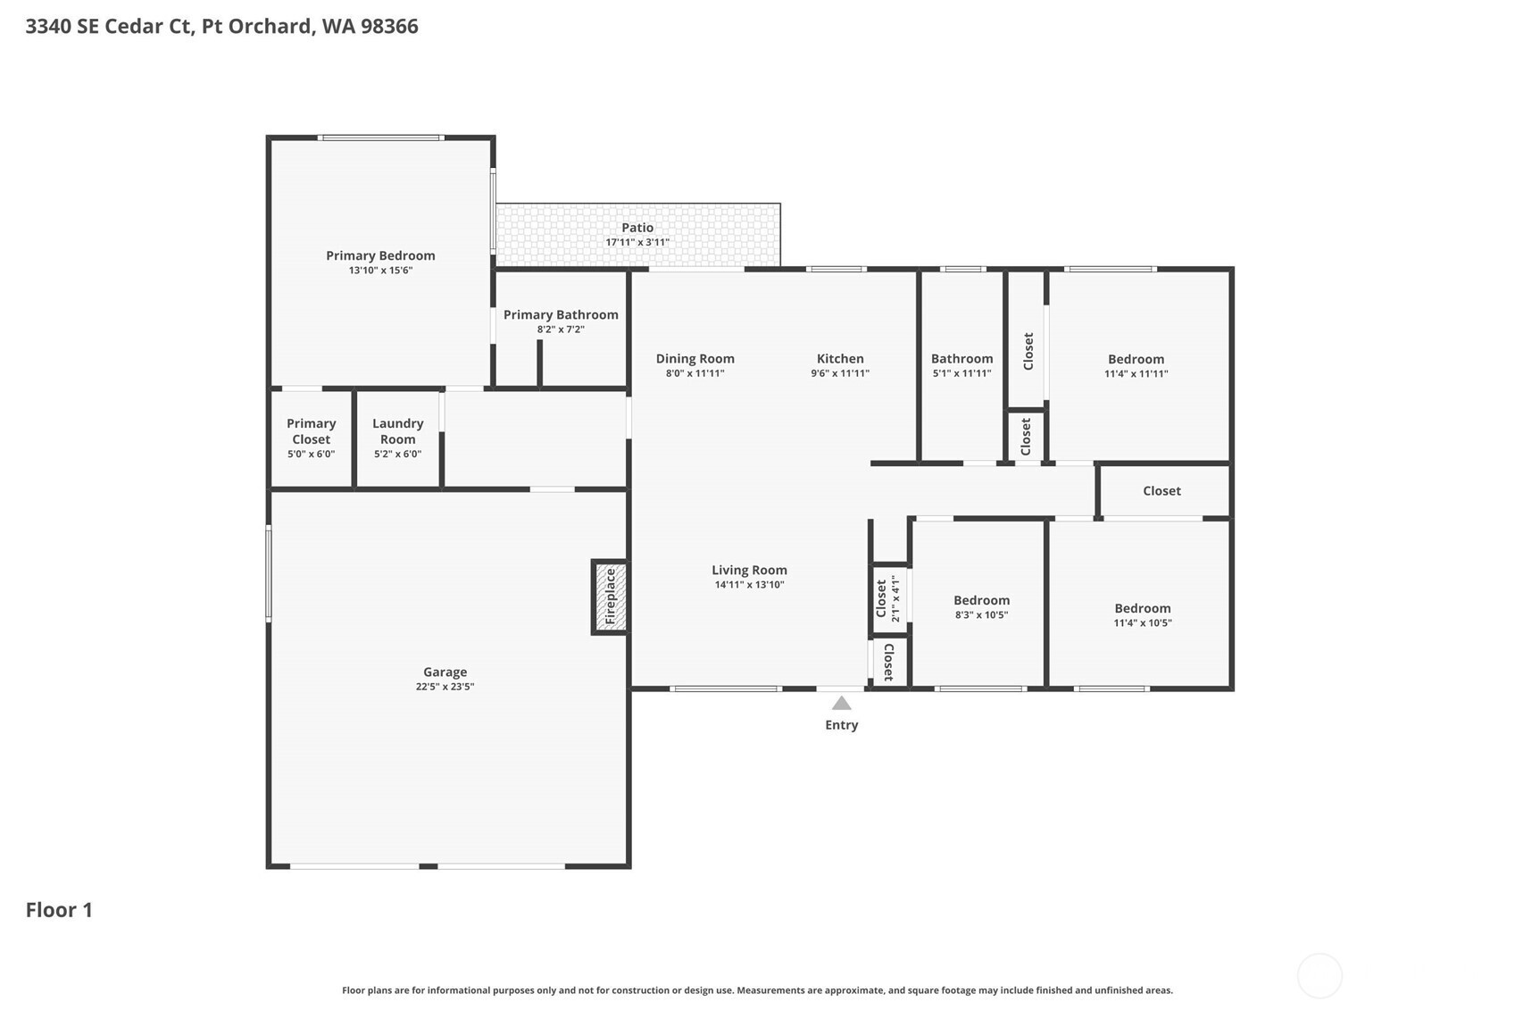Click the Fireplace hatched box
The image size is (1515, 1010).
610,597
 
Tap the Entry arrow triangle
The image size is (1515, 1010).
841,704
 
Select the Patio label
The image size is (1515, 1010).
637,228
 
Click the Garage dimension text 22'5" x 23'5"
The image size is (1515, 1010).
445,687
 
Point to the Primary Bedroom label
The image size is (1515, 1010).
381,255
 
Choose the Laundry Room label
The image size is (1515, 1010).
397,431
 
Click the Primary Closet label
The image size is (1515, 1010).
311,431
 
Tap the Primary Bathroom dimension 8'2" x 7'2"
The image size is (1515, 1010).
561,330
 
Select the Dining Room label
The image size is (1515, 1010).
695,358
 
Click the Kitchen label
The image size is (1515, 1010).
840,358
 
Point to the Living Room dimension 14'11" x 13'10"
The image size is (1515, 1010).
749,585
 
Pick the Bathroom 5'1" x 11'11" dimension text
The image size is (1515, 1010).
961,373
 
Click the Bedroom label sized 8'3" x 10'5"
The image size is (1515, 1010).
981,600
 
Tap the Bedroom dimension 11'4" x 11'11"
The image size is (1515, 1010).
1136,373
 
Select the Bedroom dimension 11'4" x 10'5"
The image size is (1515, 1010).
1143,623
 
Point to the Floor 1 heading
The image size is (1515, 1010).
59,910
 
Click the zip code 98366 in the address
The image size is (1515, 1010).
389,27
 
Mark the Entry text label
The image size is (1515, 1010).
841,725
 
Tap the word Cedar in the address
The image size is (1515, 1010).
134,27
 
